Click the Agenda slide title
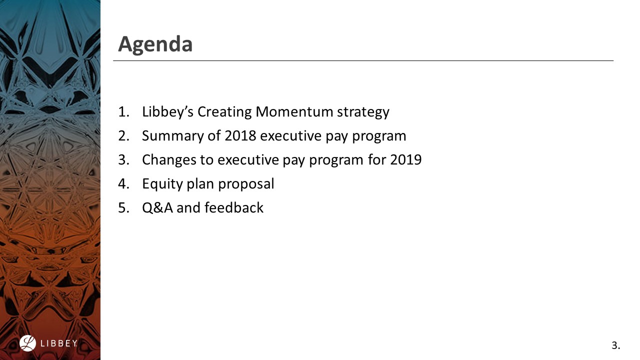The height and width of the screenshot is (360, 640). pyautogui.click(x=155, y=44)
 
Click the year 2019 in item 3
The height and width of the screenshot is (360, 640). pyautogui.click(x=405, y=159)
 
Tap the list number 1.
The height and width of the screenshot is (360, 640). pyautogui.click(x=123, y=111)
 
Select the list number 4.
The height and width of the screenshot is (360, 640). pyautogui.click(x=123, y=184)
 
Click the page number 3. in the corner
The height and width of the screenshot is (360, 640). pyautogui.click(x=615, y=345)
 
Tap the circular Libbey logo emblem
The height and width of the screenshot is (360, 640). pyautogui.click(x=28, y=343)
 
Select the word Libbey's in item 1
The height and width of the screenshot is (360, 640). pyautogui.click(x=167, y=111)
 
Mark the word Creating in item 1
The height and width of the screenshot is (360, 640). pyautogui.click(x=224, y=111)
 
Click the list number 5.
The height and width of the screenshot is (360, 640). pyautogui.click(x=123, y=207)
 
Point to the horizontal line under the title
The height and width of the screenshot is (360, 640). pyautogui.click(x=363, y=61)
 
